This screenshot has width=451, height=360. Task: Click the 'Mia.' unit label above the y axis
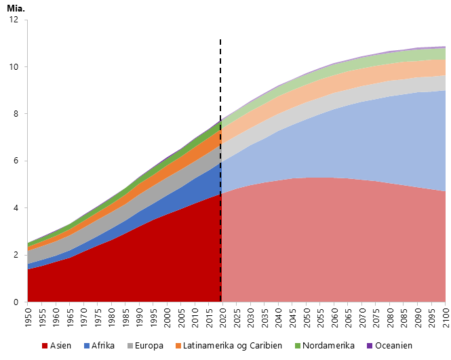[14, 7]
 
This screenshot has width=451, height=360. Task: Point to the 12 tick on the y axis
[15, 20]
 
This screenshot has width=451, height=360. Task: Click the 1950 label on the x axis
[28, 317]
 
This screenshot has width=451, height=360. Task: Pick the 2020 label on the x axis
[221, 317]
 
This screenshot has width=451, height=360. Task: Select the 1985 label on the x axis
[125, 317]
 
